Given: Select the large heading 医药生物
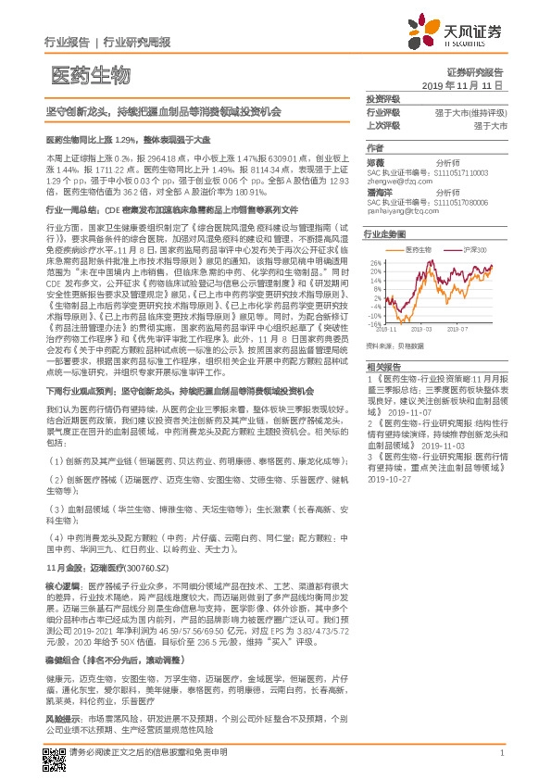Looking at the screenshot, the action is tap(90, 74).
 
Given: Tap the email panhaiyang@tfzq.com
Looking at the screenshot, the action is tap(402, 211).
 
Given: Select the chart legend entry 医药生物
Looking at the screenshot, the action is tap(419, 250).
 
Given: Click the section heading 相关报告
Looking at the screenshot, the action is tap(382, 368).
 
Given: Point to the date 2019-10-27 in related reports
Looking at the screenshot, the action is tap(389, 481).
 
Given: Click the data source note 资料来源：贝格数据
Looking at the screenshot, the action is tap(394, 345).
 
